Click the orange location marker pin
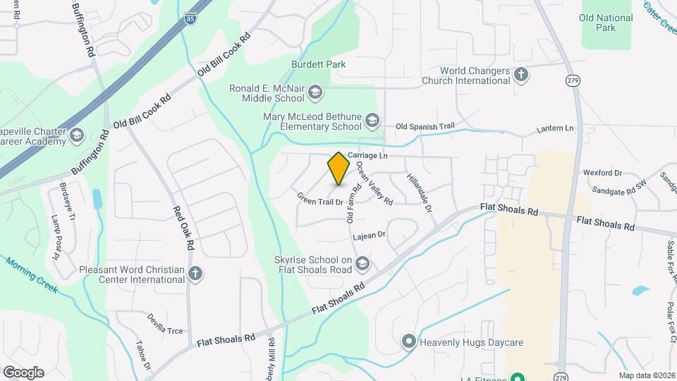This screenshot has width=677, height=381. (339, 169)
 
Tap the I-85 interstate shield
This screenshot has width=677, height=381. (191, 19)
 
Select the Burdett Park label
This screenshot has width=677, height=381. (318, 64)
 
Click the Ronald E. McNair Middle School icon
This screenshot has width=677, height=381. (315, 91)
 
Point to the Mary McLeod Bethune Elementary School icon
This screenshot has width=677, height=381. (372, 121)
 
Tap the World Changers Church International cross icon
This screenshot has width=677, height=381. (521, 75)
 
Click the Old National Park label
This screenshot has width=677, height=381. (597, 23)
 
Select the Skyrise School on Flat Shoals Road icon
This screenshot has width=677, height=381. (362, 264)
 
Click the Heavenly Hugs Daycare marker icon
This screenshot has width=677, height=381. (408, 342)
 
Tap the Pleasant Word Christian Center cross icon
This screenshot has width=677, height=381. (196, 274)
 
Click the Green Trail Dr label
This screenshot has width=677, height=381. (319, 200)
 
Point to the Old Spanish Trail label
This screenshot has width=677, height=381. (425, 126)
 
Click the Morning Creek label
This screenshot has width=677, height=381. (32, 275)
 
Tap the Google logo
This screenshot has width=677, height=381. (23, 372)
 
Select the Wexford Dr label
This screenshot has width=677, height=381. (602, 172)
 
